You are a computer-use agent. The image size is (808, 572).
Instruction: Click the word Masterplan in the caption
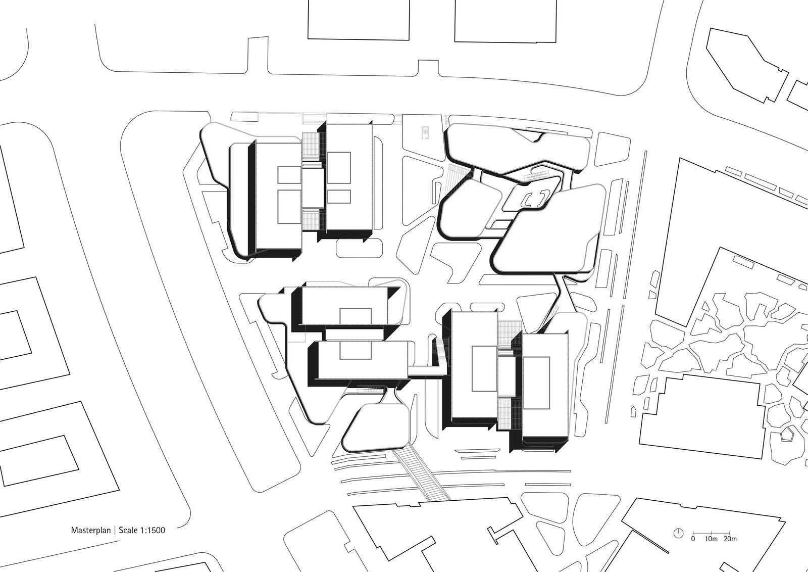point(90,530)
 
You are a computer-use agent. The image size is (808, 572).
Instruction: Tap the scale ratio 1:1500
point(152,530)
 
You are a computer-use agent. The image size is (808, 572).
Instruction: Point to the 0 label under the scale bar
point(693,539)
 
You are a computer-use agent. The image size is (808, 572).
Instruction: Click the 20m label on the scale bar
point(730,539)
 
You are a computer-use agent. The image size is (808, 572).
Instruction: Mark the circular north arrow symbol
point(679,533)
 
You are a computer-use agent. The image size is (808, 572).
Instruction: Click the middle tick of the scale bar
point(711,533)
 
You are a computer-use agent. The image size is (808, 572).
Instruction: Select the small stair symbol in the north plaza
point(425,132)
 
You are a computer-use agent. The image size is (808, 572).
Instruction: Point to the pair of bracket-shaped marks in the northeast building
point(536,199)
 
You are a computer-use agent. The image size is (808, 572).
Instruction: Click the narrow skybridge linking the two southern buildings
point(427,371)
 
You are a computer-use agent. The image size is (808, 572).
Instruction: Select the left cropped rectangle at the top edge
point(359,20)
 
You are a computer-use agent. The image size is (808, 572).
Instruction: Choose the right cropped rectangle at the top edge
point(506,21)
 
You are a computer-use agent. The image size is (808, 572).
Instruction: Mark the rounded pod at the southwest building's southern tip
point(376,427)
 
